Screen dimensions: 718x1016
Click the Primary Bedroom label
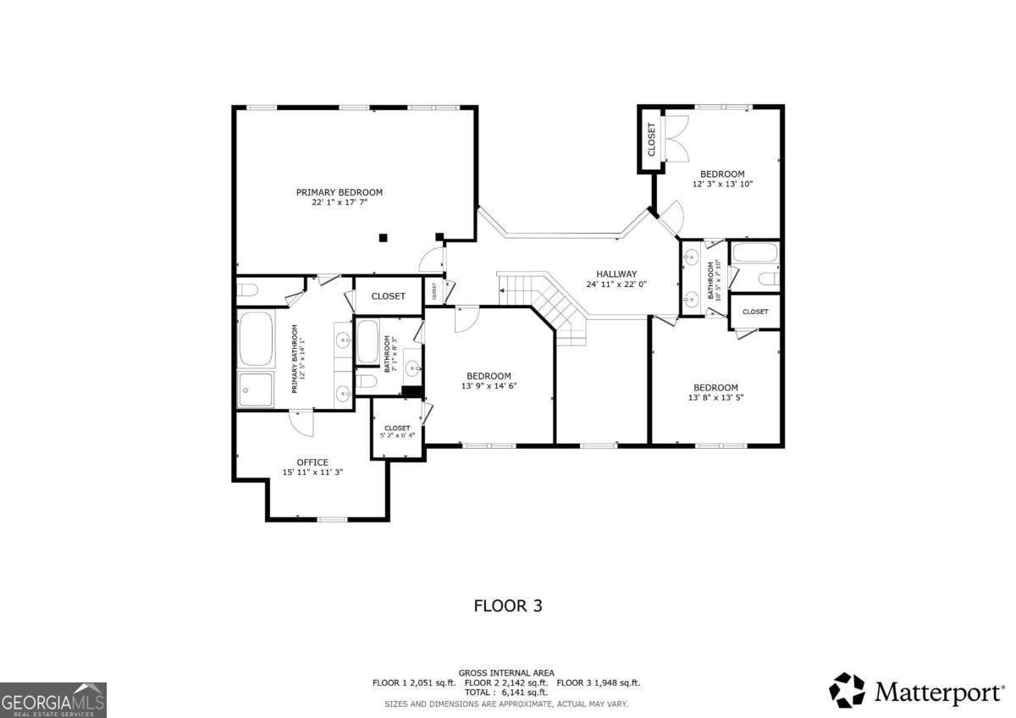[x=339, y=192]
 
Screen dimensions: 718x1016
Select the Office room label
[x=312, y=462]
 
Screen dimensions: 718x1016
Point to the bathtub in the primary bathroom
[x=256, y=339]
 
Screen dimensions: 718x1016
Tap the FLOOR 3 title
[x=507, y=606]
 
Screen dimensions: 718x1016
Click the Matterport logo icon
[x=847, y=690]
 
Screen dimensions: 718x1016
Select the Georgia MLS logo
[x=53, y=700]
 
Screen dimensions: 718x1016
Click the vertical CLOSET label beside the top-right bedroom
[x=651, y=140]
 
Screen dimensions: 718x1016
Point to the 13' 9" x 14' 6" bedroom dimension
[x=489, y=386]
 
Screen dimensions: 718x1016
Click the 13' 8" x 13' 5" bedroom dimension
[x=715, y=397]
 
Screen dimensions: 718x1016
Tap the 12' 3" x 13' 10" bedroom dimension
[x=722, y=184]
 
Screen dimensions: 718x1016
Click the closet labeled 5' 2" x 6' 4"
[x=397, y=432]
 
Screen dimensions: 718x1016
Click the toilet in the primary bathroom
[x=247, y=290]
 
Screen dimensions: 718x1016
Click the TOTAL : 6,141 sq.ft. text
[x=506, y=693]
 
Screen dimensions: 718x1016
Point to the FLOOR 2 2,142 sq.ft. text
[x=506, y=682]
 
